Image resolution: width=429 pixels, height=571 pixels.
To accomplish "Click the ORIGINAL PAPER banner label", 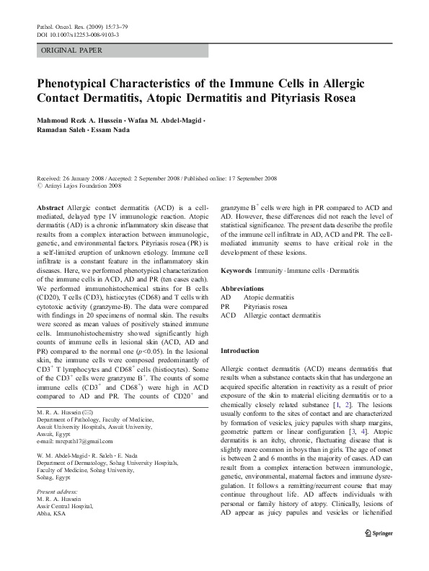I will point(71,51).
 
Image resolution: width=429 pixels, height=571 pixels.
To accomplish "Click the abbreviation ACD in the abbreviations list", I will point(228,316).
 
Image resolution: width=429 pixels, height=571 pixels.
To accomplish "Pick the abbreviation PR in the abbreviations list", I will point(225,306).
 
